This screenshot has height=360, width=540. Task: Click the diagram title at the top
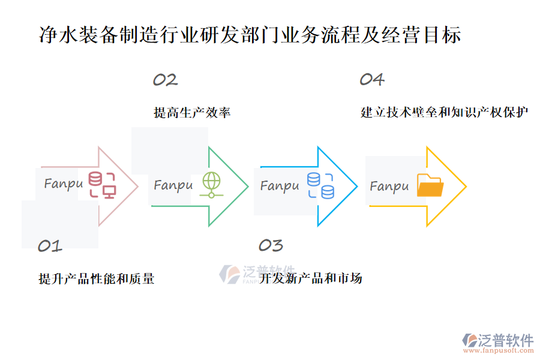[250, 35]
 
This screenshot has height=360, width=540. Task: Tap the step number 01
[50, 245]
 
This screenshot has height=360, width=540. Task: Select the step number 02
[165, 80]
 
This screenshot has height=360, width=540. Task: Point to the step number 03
[271, 245]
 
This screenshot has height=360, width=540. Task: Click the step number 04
[372, 80]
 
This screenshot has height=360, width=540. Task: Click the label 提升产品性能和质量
[97, 278]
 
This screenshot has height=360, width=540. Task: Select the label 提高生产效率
[192, 113]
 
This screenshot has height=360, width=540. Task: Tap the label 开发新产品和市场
[311, 278]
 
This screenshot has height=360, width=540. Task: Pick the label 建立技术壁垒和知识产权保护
[445, 113]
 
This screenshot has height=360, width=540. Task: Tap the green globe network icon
[211, 185]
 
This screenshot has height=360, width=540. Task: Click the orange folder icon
[430, 185]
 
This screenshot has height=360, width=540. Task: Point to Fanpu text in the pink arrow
[63, 184]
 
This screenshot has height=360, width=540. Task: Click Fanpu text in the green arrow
[173, 185]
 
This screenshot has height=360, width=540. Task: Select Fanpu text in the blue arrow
[280, 186]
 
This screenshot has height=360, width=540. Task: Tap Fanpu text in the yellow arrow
[389, 187]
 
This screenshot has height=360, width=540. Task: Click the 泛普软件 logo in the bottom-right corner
[497, 340]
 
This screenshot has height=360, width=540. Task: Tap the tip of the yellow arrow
[466, 187]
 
